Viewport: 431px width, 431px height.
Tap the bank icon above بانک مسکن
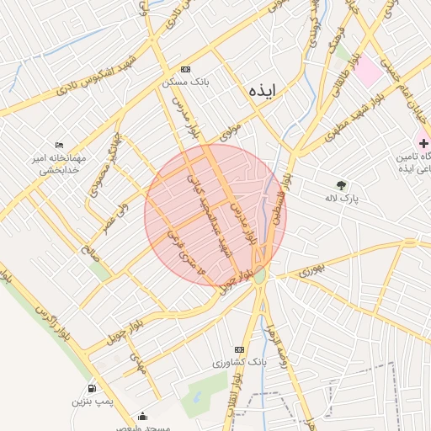[x=185, y=70]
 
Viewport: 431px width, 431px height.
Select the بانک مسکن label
[x=185, y=83]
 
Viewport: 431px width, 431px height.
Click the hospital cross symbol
[x=423, y=144]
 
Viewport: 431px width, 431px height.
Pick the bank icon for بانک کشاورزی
[x=240, y=349]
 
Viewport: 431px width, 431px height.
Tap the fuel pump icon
[x=92, y=389]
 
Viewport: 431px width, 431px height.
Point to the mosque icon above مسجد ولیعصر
[x=142, y=416]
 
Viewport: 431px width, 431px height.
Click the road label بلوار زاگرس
[x=49, y=325]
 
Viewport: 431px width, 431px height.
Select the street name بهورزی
[x=310, y=271]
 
